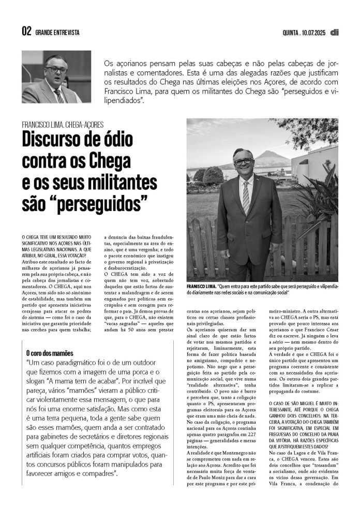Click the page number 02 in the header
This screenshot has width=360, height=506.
(26, 32)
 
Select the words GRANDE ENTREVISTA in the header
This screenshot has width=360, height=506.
(57, 33)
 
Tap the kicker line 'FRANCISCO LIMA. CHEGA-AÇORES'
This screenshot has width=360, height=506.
(63, 125)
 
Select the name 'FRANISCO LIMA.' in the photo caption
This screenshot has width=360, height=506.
(201, 286)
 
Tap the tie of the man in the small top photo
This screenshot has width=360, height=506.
(59, 95)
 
